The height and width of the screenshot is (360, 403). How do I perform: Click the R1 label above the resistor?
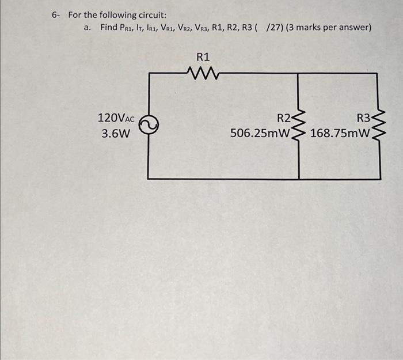tap(203, 57)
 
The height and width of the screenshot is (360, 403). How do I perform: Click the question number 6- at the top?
tap(55, 15)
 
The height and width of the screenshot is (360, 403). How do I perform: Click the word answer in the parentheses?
tap(354, 28)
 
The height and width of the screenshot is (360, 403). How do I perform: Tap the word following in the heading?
tap(102, 15)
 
